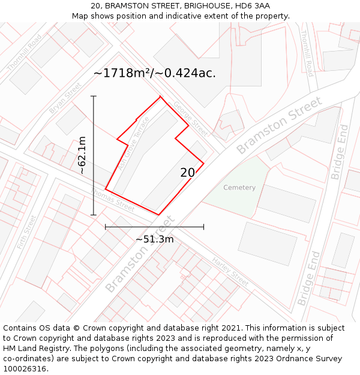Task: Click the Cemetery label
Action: (239, 188)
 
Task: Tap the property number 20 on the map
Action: (188, 173)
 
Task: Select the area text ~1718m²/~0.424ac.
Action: (155, 73)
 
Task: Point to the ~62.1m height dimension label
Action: (82, 155)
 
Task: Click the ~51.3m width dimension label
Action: (154, 239)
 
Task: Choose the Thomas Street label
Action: (113, 199)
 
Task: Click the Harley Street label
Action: (230, 271)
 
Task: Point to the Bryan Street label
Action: (65, 98)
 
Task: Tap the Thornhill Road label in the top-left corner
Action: (25, 54)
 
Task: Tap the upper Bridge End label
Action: (340, 152)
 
